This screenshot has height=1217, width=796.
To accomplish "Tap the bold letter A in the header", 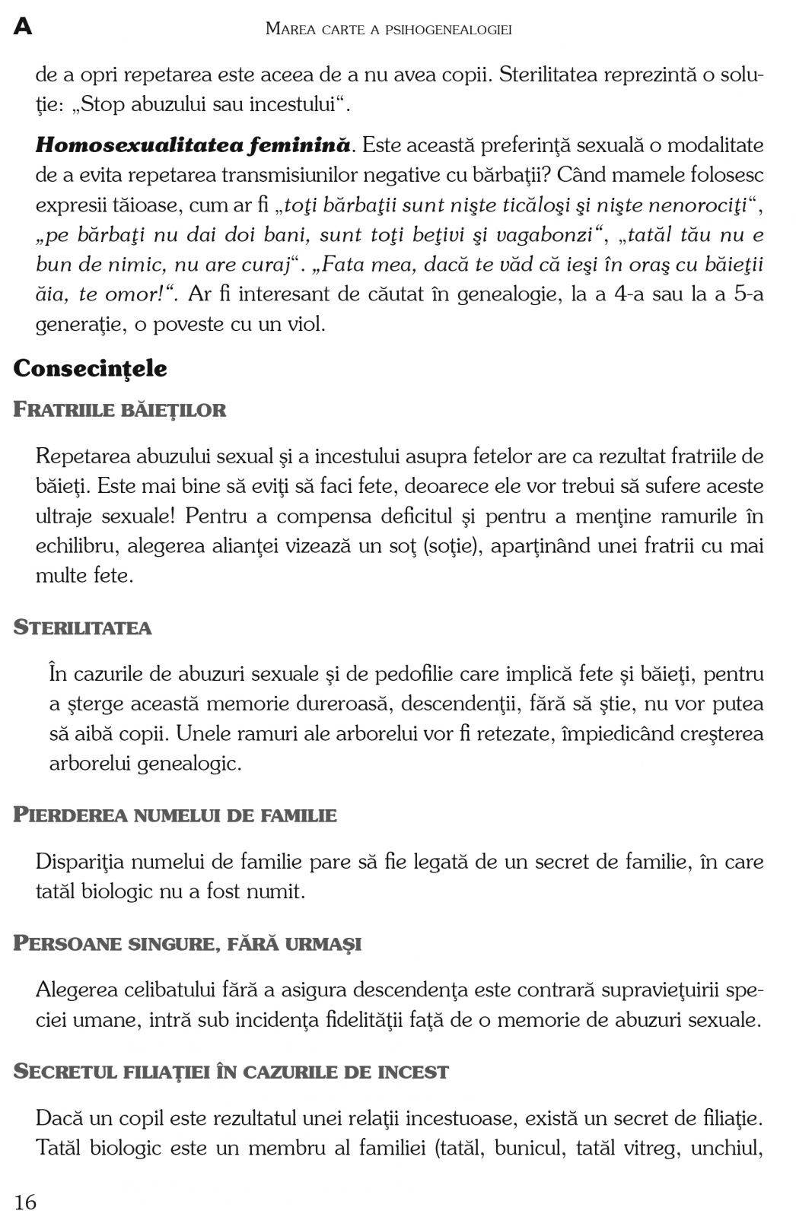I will pyautogui.click(x=23, y=28).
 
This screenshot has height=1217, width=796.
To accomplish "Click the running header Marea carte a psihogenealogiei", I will pyautogui.click(x=388, y=30).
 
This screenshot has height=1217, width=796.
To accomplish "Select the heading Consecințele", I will pyautogui.click(x=90, y=369).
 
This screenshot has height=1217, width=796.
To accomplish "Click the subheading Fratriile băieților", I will pyautogui.click(x=119, y=410).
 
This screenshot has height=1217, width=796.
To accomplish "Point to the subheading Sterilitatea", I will pyautogui.click(x=82, y=628).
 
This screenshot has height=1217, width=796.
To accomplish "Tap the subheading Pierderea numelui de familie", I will pyautogui.click(x=175, y=815).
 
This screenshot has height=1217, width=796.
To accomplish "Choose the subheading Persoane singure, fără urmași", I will pyautogui.click(x=187, y=944).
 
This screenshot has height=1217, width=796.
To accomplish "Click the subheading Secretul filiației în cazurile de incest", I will pyautogui.click(x=231, y=1072).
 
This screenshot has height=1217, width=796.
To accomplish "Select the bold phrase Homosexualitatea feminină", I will pyautogui.click(x=193, y=145).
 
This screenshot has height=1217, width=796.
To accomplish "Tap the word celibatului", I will pyautogui.click(x=165, y=990).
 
